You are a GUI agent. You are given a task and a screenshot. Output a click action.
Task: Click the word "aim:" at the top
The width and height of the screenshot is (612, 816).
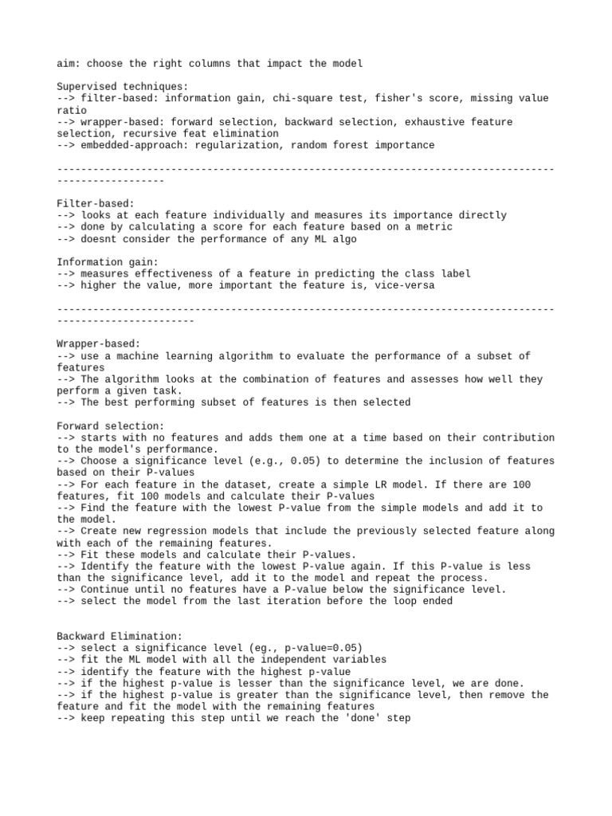click(69, 63)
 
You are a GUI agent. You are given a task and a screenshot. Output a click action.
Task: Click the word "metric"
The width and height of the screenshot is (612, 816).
click(435, 227)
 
